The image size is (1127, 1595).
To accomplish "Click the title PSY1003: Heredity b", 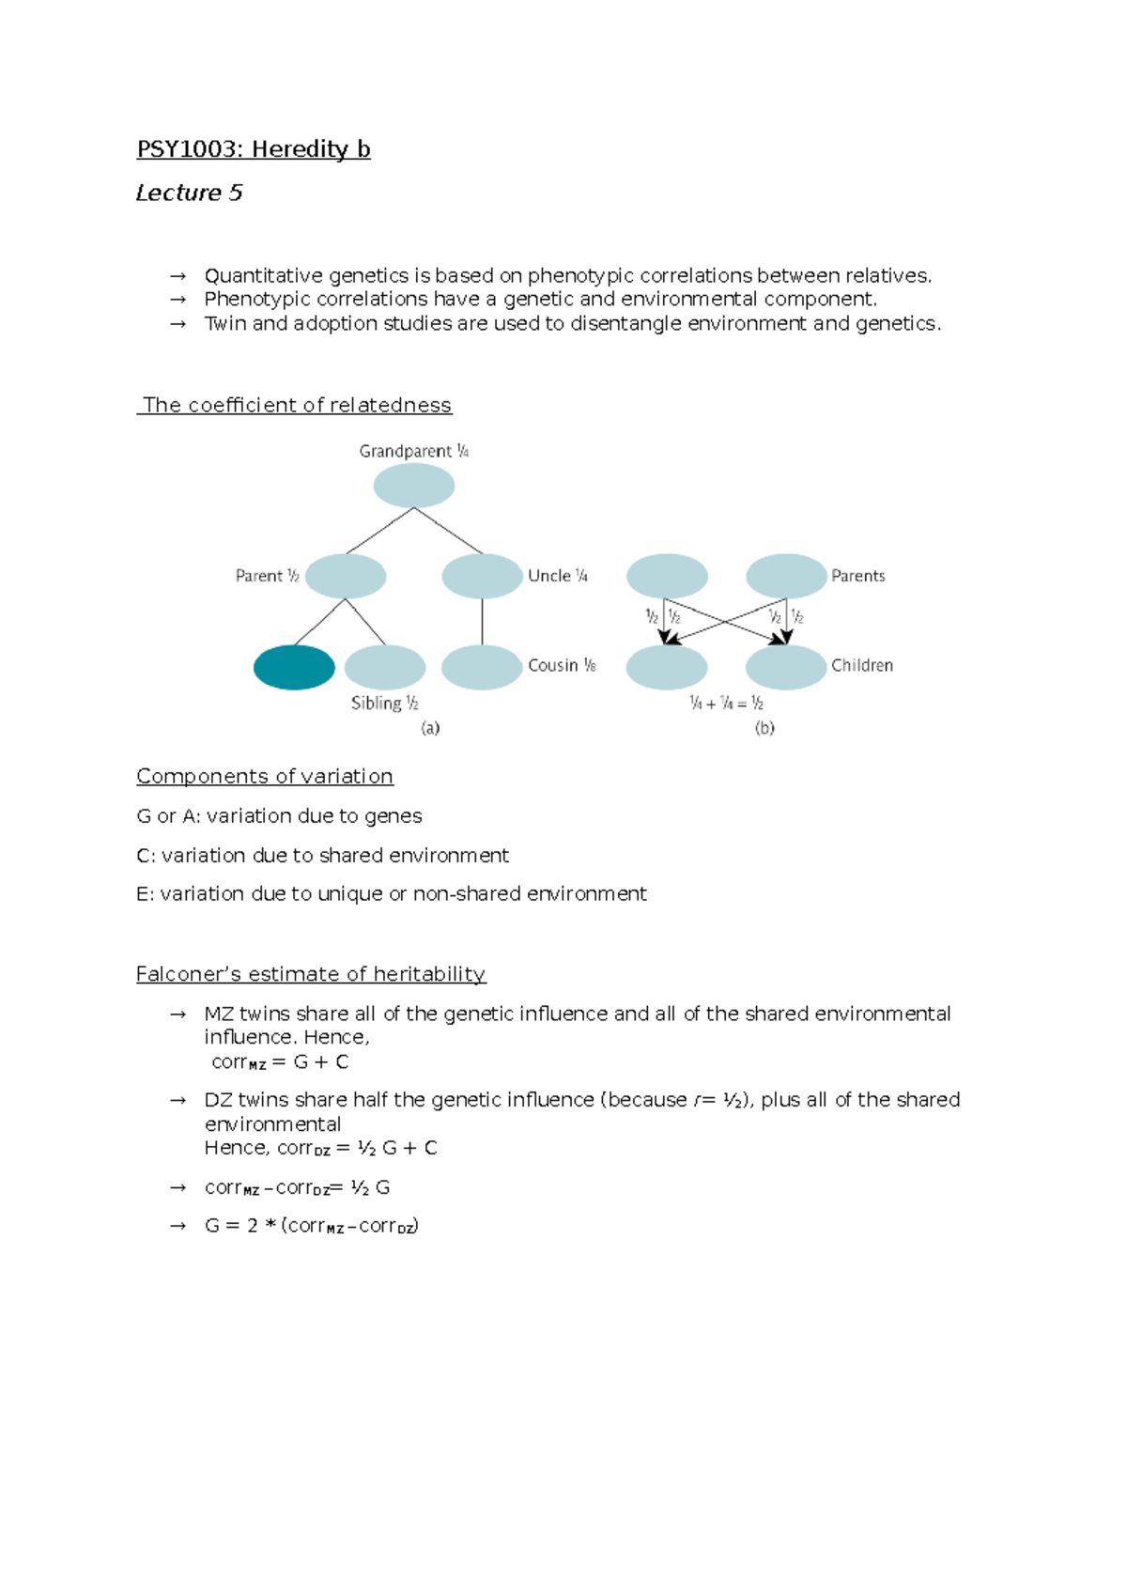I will coord(254,149).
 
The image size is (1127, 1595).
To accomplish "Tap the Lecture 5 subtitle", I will coord(189,193).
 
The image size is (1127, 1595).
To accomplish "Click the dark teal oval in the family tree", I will coord(294,667).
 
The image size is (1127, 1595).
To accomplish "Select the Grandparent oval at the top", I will coord(414,486).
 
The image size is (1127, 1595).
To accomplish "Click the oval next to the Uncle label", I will coord(482,576).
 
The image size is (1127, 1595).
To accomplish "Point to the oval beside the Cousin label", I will coord(482,667).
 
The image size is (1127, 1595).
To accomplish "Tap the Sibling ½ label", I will coord(384,703).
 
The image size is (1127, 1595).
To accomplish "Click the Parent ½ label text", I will coord(267,576).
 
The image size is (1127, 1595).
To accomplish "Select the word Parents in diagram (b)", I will coord(857,576).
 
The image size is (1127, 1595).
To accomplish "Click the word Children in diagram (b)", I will coord(861,665).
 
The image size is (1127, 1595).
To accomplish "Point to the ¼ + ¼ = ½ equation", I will coord(726,703).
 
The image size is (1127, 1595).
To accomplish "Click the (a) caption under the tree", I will coord(430,728).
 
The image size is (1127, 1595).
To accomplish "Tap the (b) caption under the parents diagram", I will coord(764,728).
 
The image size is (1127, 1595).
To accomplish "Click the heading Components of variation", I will coord(265,776).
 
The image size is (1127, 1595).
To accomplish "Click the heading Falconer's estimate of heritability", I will coord(311,974).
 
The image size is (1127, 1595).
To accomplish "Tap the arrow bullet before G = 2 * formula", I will coord(178,1226).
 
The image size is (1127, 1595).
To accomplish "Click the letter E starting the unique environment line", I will coord(144,894).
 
